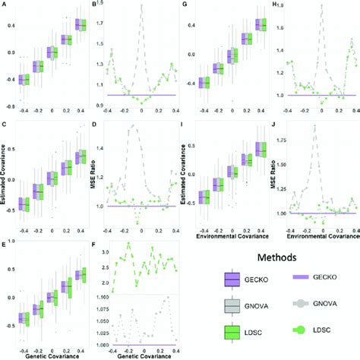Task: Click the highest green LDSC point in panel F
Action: tap(128, 244)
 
